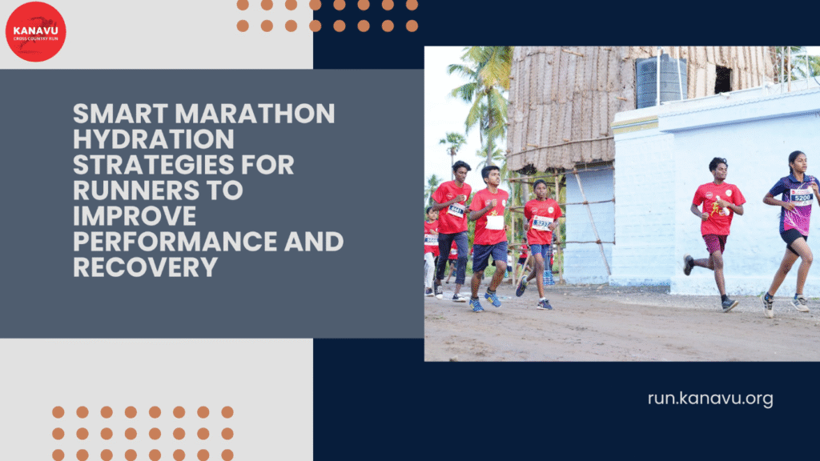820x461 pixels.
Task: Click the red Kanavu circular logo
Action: pos(35,32)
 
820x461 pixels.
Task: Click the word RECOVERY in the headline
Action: pos(145,267)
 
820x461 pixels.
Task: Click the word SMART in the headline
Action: pos(117,114)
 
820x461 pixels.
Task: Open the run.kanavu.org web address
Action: pos(710,399)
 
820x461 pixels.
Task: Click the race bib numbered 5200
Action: pos(802,197)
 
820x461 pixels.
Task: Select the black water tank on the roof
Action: pos(661,82)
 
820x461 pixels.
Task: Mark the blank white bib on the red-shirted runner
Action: pos(495,222)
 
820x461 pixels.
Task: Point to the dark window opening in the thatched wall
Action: pos(722,79)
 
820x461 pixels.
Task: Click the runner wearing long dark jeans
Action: pos(452,232)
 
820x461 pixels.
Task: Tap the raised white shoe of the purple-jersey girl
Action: pos(800,303)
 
